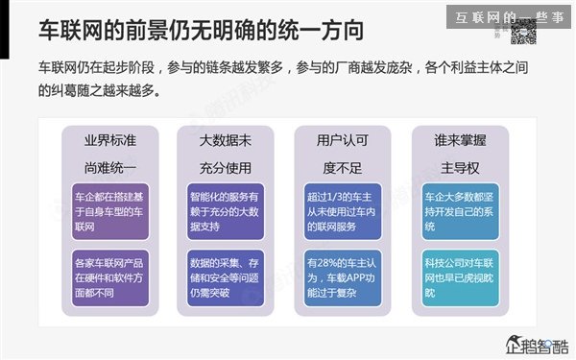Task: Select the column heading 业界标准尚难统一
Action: pyautogui.click(x=110, y=153)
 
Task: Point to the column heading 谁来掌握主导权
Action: pyautogui.click(x=460, y=153)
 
